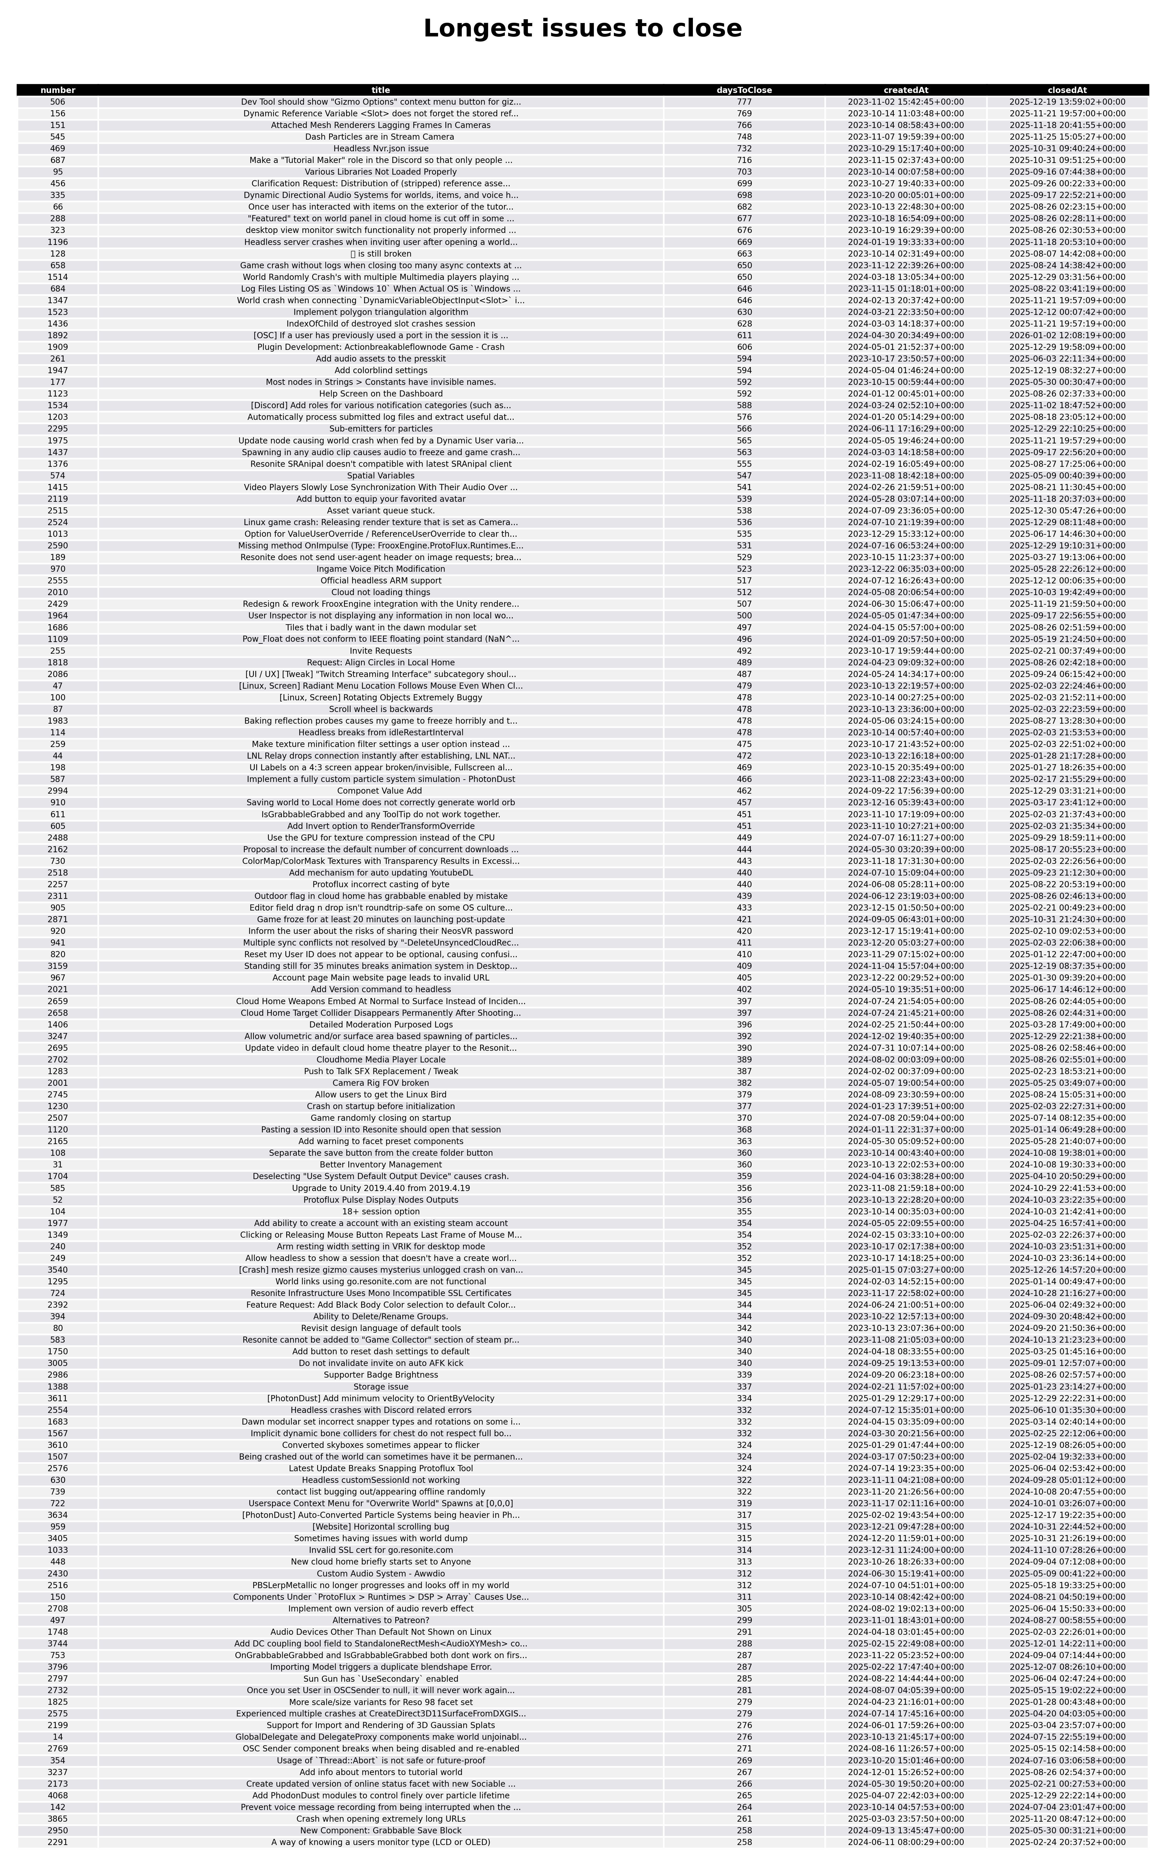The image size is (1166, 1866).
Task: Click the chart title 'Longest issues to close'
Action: [582, 29]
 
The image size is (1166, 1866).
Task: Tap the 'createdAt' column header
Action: [905, 90]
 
